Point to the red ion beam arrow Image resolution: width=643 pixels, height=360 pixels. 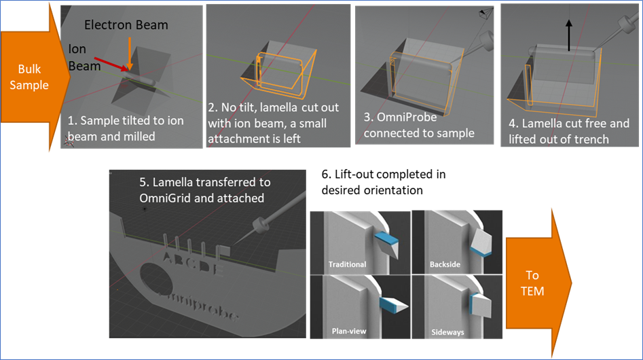(115, 63)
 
